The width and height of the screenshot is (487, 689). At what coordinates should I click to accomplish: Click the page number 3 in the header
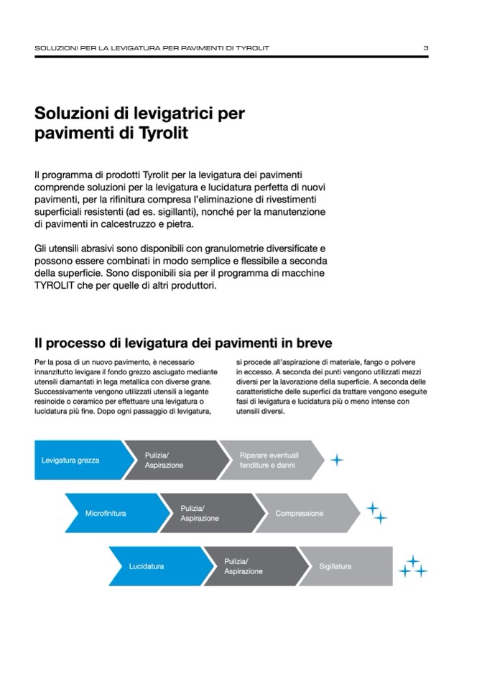pyautogui.click(x=425, y=48)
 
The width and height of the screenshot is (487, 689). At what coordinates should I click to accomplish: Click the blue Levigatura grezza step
pyautogui.click(x=70, y=460)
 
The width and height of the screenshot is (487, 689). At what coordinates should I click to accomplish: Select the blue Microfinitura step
pyautogui.click(x=106, y=514)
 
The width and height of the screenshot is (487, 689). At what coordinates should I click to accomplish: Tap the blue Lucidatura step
pyautogui.click(x=147, y=567)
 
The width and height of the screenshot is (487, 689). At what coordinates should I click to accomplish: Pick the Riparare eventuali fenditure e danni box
pyautogui.click(x=269, y=461)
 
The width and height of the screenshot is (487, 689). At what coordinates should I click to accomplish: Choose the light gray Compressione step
pyautogui.click(x=300, y=514)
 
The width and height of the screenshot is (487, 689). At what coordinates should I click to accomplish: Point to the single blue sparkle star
pyautogui.click(x=335, y=460)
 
